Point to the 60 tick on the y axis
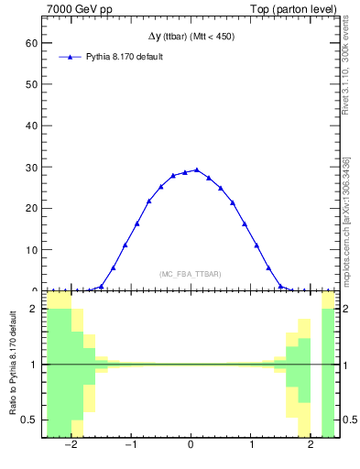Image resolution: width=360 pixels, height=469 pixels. pyautogui.click(x=31, y=43)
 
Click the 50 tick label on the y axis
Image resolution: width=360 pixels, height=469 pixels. pyautogui.click(x=31, y=84)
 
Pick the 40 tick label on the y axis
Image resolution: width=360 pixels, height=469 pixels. pyautogui.click(x=31, y=125)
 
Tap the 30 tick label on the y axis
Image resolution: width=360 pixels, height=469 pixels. pyautogui.click(x=31, y=167)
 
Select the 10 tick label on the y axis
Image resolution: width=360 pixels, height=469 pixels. pyautogui.click(x=31, y=249)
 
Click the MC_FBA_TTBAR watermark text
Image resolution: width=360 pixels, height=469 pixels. pyautogui.click(x=191, y=274)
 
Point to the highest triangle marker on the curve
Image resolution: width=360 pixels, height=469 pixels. pyautogui.click(x=197, y=169)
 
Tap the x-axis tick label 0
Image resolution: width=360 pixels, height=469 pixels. pyautogui.click(x=191, y=446)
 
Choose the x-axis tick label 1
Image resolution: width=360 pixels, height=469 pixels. pyautogui.click(x=251, y=446)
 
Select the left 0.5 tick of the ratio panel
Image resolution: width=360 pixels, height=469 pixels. pyautogui.click(x=30, y=420)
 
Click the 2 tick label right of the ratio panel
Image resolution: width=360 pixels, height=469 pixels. pyautogui.click(x=348, y=309)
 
